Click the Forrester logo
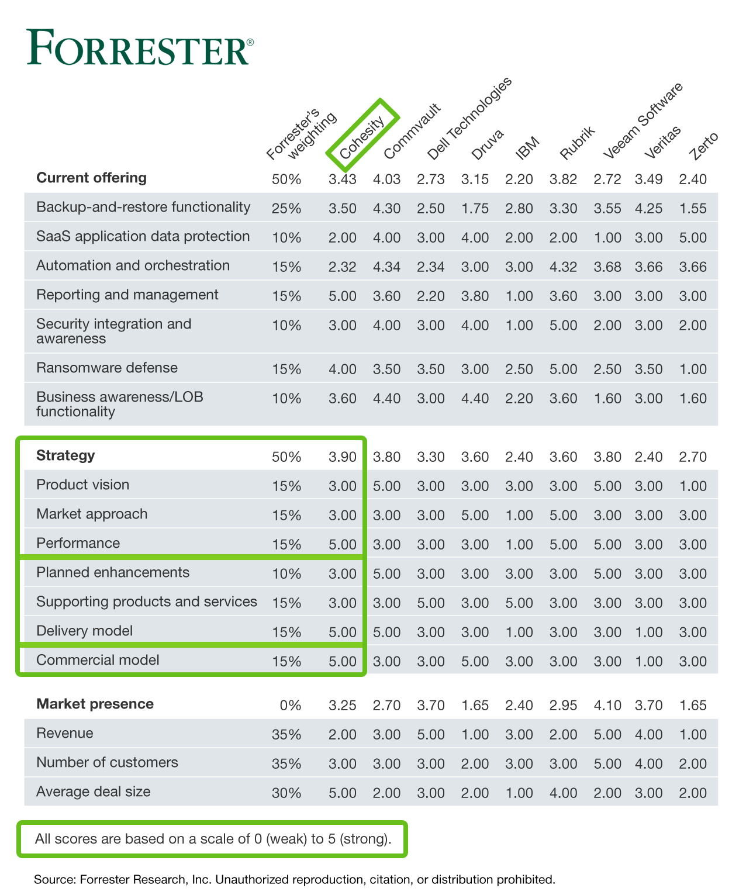[x=140, y=47]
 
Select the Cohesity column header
[x=362, y=137]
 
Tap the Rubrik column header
[x=577, y=143]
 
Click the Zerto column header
[x=703, y=146]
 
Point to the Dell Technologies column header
[x=469, y=118]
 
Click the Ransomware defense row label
[x=107, y=367]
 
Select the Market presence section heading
[x=95, y=703]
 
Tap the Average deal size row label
[x=94, y=792]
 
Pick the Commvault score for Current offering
[x=386, y=179]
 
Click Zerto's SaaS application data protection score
[x=692, y=237]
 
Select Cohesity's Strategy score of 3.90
[x=342, y=457]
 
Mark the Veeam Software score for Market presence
[x=607, y=705]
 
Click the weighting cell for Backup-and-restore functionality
[x=286, y=208]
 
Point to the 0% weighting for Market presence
[x=290, y=705]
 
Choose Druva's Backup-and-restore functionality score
[x=475, y=208]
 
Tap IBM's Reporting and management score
[x=519, y=296]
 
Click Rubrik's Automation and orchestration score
[x=563, y=267]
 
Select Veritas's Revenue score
[x=648, y=734]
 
